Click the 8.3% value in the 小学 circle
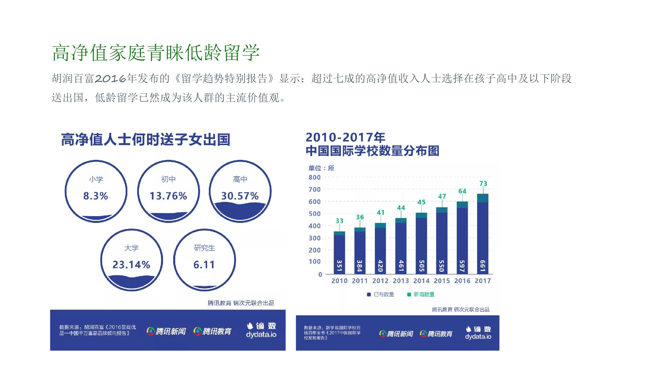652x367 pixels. (95, 196)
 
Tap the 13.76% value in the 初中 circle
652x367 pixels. (168, 196)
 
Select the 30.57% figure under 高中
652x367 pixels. (240, 196)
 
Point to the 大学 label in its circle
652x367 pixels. (131, 248)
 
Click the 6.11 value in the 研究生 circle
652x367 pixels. (204, 265)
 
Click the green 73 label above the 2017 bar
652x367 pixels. (483, 183)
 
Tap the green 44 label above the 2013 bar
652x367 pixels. (401, 208)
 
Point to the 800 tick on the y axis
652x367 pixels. (314, 177)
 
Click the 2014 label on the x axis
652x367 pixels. (421, 281)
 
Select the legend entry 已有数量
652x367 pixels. (381, 294)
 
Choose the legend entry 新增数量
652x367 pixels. (421, 294)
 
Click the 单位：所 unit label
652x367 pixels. (321, 168)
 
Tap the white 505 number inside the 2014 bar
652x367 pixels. (421, 266)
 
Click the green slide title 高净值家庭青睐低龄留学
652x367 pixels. (156, 53)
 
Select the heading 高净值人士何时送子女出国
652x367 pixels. (146, 140)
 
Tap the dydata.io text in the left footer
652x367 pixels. (261, 335)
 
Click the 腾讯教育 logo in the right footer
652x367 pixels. (436, 334)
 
